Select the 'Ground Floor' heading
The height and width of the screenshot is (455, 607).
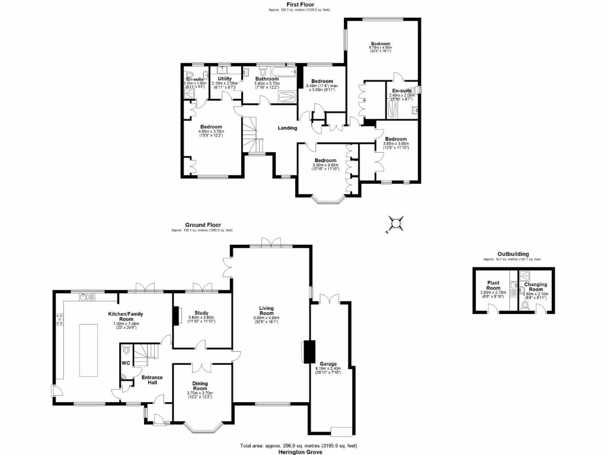[x=202, y=225]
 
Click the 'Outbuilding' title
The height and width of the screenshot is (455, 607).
[x=512, y=254]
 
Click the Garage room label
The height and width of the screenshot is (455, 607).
[x=328, y=364]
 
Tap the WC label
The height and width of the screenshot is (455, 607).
[x=125, y=363]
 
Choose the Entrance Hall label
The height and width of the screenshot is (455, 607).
[x=148, y=380]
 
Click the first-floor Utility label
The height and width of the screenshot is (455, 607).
[x=225, y=78]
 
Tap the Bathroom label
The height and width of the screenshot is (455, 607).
[x=267, y=78]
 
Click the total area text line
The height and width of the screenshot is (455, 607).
[x=299, y=446]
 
